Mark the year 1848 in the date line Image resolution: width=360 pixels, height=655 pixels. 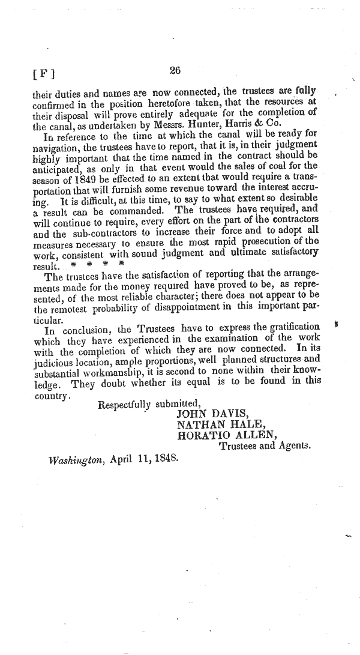[165, 459]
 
